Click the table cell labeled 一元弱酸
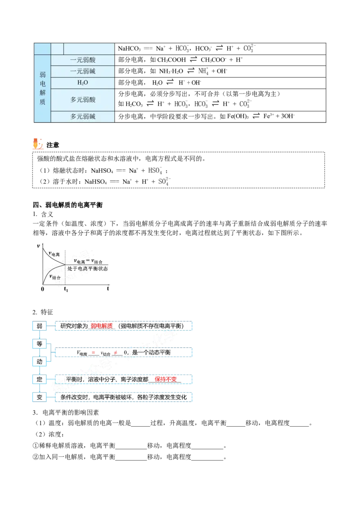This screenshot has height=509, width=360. point(83,60)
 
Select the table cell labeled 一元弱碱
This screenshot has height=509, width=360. point(83,71)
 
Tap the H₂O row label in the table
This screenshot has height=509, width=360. point(83,83)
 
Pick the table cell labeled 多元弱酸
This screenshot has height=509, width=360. point(83,100)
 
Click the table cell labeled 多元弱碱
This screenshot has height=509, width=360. point(83,116)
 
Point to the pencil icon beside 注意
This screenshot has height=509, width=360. point(38,144)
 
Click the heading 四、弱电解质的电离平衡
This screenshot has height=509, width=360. point(67,205)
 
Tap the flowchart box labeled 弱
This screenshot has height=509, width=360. point(39,326)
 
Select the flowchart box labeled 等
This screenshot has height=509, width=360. point(39,344)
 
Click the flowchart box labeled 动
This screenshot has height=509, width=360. point(39,362)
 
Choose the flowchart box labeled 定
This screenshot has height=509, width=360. point(39,379)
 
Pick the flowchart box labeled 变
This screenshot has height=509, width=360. point(39,397)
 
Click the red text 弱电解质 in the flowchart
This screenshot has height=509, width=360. point(102,326)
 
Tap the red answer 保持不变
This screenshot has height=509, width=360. point(166,379)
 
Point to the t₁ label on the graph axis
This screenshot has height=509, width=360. point(66,289)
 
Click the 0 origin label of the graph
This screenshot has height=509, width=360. point(43,289)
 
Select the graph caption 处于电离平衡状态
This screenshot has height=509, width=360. point(87,268)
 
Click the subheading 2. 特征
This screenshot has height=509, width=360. point(43,312)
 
